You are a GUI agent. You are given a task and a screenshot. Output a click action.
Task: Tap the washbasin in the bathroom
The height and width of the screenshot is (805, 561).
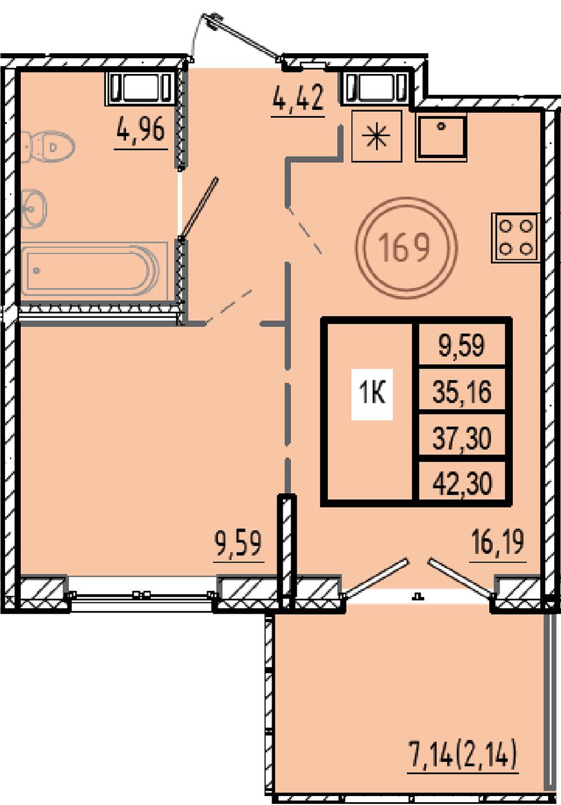pyautogui.click(x=34, y=209)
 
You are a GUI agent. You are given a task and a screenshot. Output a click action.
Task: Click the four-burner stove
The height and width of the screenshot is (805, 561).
pyautogui.click(x=516, y=237)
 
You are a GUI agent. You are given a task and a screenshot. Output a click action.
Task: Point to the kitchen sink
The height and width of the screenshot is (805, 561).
pyautogui.click(x=441, y=137)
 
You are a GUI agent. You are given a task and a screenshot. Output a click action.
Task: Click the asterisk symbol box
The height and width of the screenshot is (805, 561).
pyautogui.click(x=376, y=136)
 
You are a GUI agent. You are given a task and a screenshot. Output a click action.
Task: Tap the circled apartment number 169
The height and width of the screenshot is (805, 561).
pyautogui.click(x=406, y=247)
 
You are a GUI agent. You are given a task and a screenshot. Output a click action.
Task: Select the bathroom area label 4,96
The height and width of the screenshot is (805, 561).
pyautogui.click(x=141, y=129)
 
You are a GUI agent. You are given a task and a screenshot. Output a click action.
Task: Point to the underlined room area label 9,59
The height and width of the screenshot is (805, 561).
pyautogui.click(x=238, y=544)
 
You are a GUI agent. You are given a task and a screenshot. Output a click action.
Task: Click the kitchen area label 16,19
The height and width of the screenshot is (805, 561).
pyautogui.click(x=498, y=542)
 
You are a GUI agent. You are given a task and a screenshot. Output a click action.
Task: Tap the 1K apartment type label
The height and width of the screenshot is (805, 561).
pyautogui.click(x=372, y=394)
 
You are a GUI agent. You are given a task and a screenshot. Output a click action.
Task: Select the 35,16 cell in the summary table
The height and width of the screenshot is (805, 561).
pyautogui.click(x=462, y=392)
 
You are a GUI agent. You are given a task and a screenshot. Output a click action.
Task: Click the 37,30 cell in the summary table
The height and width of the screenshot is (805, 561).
pyautogui.click(x=462, y=438)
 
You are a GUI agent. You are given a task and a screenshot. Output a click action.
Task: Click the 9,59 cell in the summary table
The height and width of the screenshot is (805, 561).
pyautogui.click(x=462, y=345)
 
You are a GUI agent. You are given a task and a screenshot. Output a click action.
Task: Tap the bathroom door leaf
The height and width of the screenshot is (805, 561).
pyautogui.click(x=200, y=209)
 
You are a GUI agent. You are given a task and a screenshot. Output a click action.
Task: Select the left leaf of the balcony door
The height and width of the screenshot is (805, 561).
pyautogui.click(x=375, y=578)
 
